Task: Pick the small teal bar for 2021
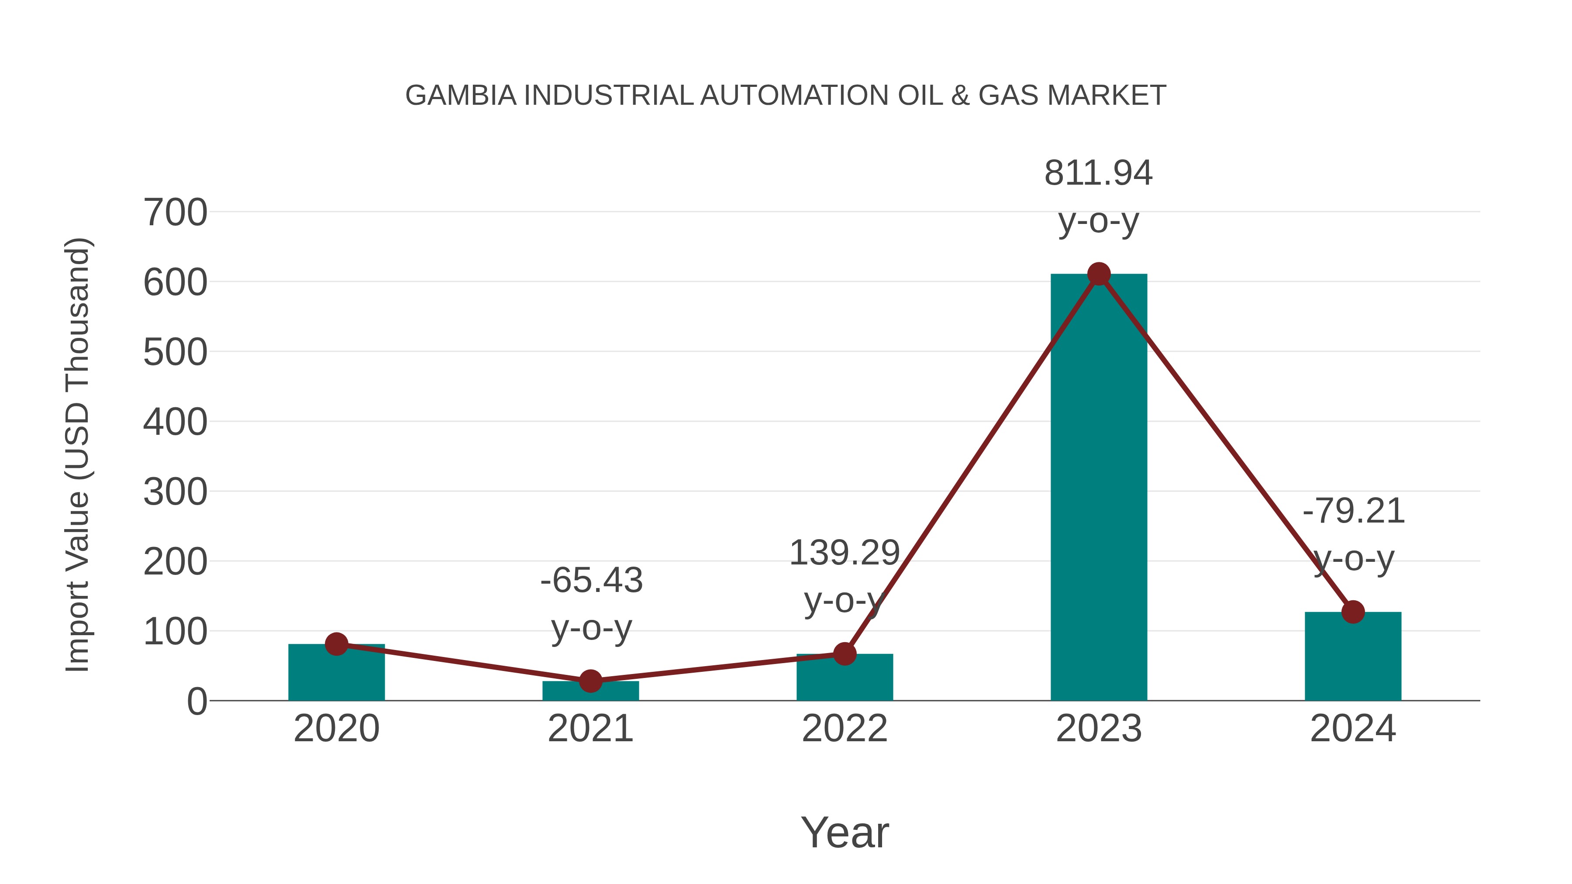click(590, 691)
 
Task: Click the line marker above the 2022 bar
click(844, 654)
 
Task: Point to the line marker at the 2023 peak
click(1099, 274)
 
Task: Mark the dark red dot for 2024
click(1353, 612)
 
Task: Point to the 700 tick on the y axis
click(175, 213)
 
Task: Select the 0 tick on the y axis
click(196, 701)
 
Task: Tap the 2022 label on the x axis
click(844, 729)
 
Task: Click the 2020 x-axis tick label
click(336, 729)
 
